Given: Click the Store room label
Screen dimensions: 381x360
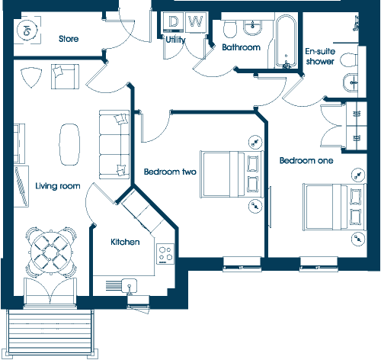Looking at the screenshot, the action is tap(69, 39).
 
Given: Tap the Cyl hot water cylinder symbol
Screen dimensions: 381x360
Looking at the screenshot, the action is tap(27, 30).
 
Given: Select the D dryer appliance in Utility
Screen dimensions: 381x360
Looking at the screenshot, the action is tap(173, 22).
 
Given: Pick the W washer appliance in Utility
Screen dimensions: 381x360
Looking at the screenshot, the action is tap(196, 22).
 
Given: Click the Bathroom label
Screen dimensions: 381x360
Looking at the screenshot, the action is tap(241, 47).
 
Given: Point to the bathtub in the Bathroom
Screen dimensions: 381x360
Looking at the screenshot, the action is tap(286, 41).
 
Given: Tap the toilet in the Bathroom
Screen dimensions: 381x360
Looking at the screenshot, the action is tap(230, 29).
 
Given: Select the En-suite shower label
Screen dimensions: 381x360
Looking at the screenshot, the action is tap(320, 56).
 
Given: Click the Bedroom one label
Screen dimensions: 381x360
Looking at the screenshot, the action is tap(306, 160).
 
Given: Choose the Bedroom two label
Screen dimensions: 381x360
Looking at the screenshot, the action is tap(170, 172).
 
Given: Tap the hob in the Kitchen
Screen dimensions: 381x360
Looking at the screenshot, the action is tap(165, 254).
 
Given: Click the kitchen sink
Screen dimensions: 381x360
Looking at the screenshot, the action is tap(130, 285).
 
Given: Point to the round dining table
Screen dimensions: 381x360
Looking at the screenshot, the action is tap(52, 252).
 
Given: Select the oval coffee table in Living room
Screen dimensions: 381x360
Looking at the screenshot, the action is tap(69, 144).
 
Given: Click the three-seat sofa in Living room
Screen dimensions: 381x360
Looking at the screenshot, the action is tap(114, 144).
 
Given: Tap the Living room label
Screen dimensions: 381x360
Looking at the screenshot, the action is tap(58, 186).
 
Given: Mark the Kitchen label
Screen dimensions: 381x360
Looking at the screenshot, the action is tap(125, 242).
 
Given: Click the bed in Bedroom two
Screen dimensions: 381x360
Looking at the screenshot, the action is tap(231, 174).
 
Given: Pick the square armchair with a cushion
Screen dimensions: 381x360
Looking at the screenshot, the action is tap(65, 76).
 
